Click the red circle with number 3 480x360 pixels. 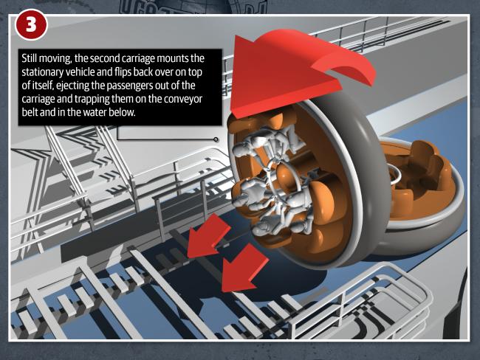[x=31, y=25]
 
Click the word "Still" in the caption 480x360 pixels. [x=30, y=58]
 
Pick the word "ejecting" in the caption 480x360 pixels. [x=71, y=86]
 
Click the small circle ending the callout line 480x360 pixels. [x=216, y=139]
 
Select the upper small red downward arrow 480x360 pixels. [x=208, y=236]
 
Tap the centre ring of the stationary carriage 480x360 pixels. [x=395, y=174]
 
